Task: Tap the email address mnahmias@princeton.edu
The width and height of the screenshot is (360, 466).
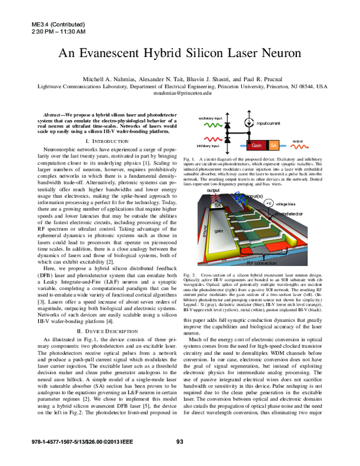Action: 179,94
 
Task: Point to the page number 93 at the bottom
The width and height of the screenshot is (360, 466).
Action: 179,458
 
